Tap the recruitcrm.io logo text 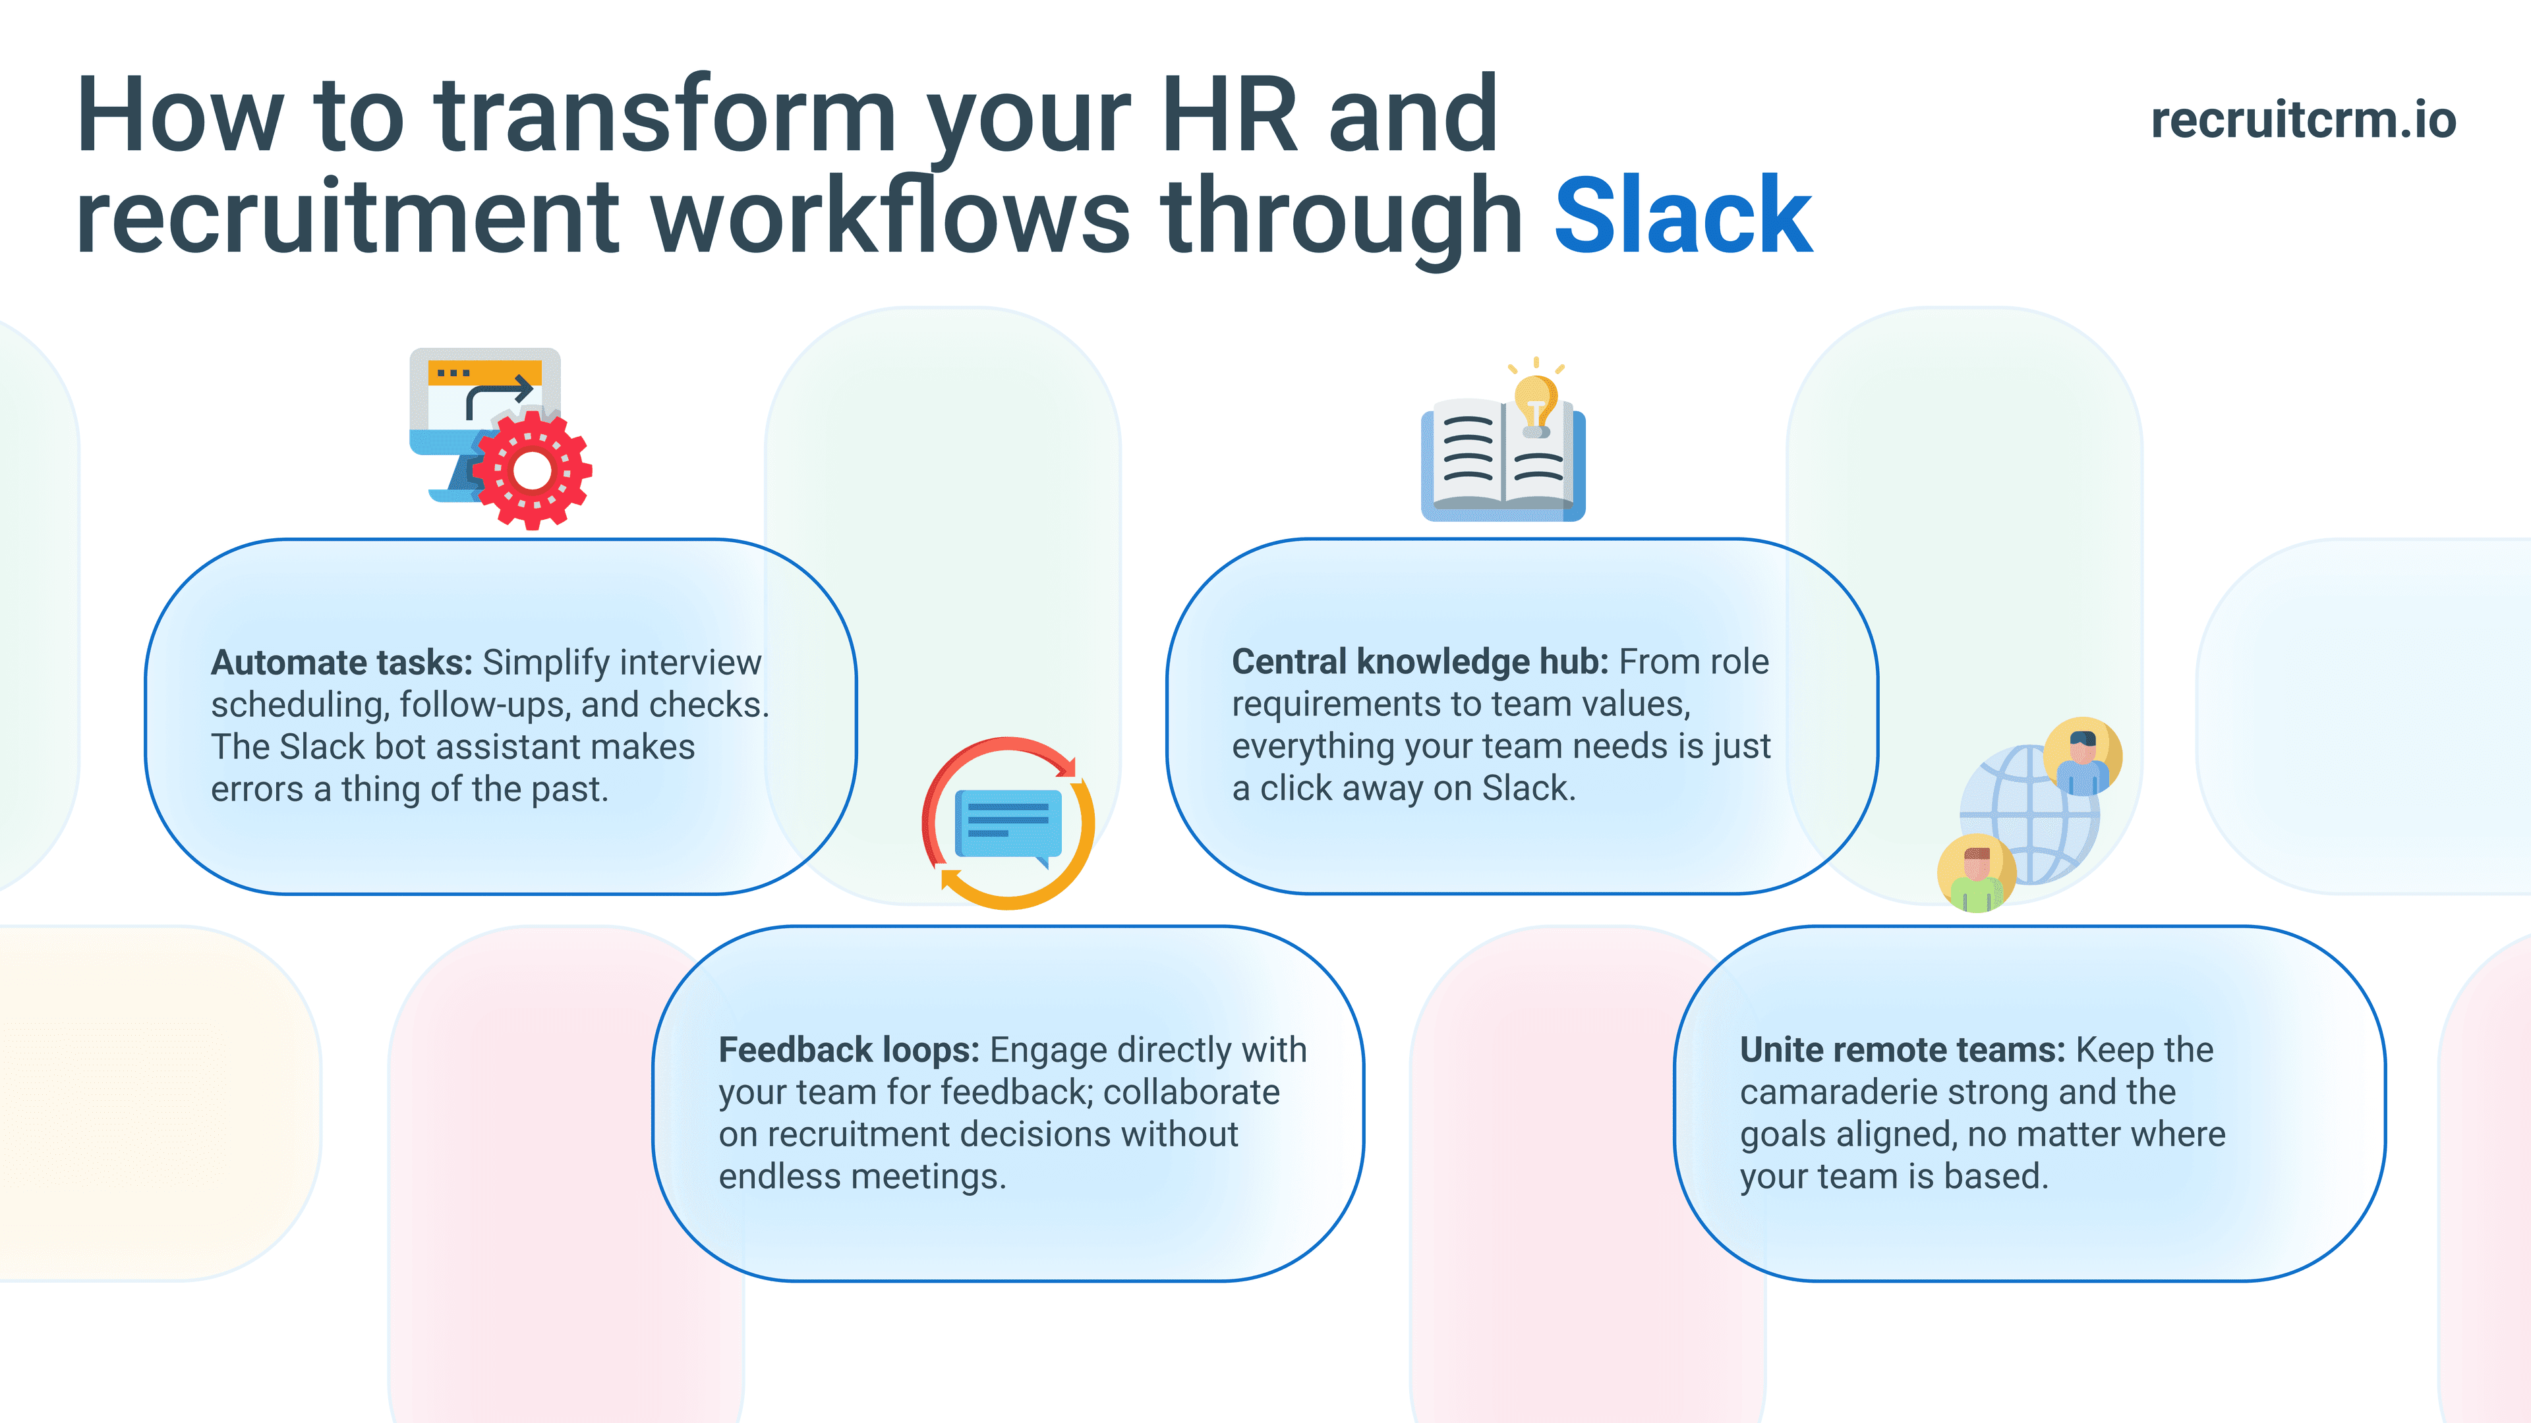click(x=2303, y=120)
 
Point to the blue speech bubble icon click(x=1008, y=823)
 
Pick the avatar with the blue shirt click(x=2082, y=757)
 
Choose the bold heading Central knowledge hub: click(x=1420, y=662)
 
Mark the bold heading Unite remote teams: click(x=1902, y=1050)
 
